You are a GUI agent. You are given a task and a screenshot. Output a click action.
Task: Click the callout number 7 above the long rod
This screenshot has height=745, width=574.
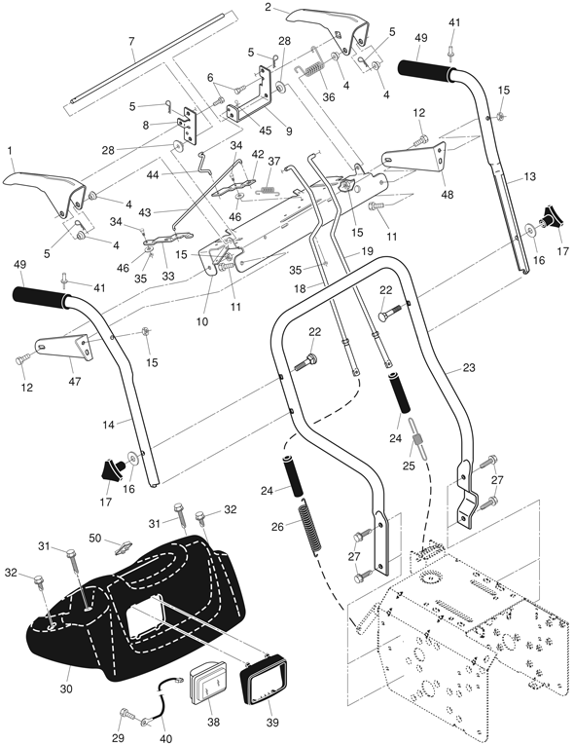click(131, 42)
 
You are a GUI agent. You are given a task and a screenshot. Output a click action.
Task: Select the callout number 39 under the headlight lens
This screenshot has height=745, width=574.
click(272, 723)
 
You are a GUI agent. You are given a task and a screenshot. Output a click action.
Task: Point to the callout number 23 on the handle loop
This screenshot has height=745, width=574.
click(469, 368)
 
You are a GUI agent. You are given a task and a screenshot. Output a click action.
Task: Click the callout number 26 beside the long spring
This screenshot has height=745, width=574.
click(277, 527)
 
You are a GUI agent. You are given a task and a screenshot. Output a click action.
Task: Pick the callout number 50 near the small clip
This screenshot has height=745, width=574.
click(95, 538)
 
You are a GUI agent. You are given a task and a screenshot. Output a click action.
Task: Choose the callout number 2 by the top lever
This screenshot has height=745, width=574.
click(269, 7)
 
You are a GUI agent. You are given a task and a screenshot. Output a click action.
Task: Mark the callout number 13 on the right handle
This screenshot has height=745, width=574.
click(529, 176)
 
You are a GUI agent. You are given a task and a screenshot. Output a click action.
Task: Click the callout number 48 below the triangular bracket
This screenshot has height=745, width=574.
click(448, 195)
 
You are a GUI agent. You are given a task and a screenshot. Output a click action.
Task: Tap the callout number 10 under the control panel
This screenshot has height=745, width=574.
click(201, 321)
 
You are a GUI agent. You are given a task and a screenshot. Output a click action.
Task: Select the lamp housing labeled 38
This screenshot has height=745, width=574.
click(207, 685)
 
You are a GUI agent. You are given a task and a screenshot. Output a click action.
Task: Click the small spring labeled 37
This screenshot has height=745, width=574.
click(269, 190)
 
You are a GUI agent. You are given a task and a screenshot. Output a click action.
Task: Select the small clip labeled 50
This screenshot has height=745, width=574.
click(123, 547)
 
